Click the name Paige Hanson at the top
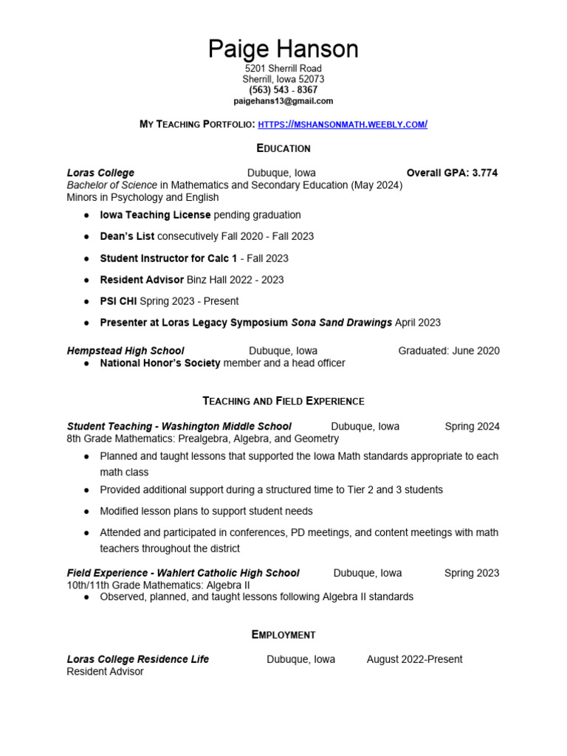[283, 49]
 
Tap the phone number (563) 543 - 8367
[283, 90]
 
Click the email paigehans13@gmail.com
[283, 100]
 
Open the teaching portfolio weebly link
[343, 124]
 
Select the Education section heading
[283, 148]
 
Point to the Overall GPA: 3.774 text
[452, 173]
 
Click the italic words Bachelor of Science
[111, 185]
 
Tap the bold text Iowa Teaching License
[155, 215]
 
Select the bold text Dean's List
[127, 236]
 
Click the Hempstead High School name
[126, 351]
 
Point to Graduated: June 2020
[449, 351]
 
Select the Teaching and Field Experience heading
[283, 401]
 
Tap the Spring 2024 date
[472, 426]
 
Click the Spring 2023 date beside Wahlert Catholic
[472, 573]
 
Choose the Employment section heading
[283, 635]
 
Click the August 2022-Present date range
[414, 659]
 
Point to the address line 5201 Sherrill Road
[283, 69]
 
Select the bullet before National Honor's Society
[87, 363]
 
